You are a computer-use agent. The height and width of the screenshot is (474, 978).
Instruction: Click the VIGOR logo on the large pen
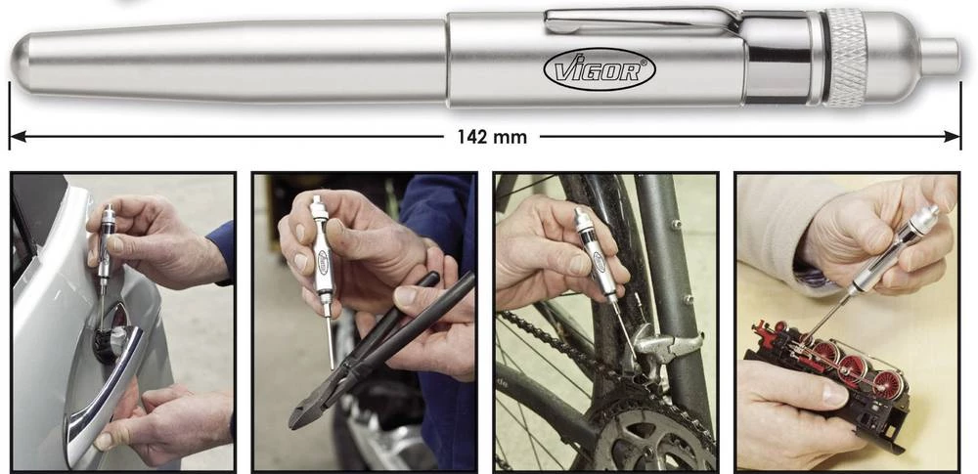pos(600,69)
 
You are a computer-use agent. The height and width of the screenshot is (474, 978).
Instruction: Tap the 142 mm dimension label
pos(492,137)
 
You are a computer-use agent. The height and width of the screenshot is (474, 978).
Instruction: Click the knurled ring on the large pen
pos(845,58)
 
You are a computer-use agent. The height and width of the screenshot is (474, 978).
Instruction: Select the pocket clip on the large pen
pos(643,21)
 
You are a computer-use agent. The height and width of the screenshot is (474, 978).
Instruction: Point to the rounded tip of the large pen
pos(20,63)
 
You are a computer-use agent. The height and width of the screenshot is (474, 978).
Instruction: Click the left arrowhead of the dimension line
pos(18,137)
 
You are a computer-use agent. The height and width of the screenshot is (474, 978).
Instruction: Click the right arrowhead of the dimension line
pos(952,137)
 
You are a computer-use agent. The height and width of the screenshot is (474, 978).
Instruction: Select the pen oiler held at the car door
pos(105,249)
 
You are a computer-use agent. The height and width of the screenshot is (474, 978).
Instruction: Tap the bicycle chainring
pos(648,430)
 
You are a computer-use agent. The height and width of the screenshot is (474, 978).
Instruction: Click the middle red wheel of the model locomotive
pos(852,369)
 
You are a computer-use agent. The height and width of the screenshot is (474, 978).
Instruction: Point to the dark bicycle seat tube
pos(674,275)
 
